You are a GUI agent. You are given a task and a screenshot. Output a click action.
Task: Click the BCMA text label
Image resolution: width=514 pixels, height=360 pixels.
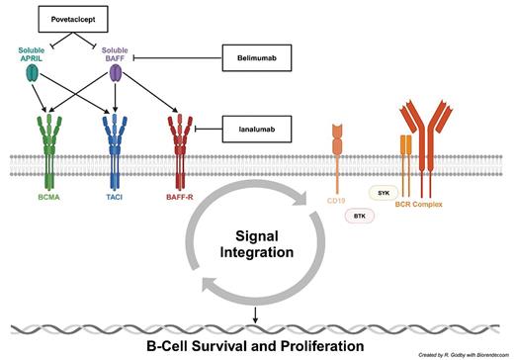(x=47, y=199)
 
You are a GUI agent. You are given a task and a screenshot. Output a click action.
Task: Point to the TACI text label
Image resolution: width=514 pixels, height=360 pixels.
(x=116, y=199)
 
